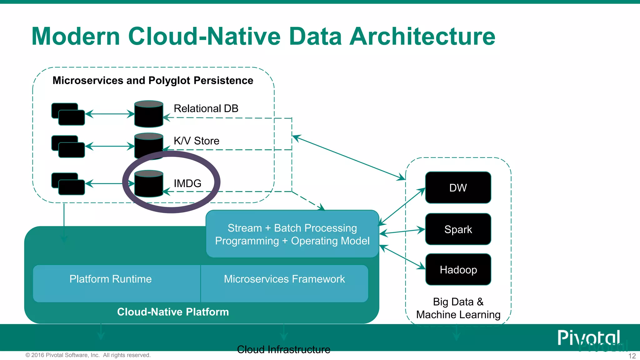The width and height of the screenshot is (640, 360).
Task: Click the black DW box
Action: (x=458, y=187)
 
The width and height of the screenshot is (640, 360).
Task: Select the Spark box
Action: (x=458, y=229)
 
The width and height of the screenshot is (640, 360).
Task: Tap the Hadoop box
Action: (x=458, y=269)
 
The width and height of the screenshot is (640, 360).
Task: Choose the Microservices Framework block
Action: (x=284, y=283)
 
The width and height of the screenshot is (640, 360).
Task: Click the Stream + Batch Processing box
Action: (x=292, y=234)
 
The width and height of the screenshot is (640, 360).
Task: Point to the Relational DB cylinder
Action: (x=148, y=114)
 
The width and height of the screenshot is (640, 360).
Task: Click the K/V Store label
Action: (x=196, y=141)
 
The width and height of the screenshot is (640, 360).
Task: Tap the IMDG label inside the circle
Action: (x=187, y=183)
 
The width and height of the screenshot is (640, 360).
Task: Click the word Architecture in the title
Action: (x=422, y=36)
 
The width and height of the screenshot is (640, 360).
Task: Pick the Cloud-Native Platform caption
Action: (x=173, y=312)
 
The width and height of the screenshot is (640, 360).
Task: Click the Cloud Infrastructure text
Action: (x=283, y=349)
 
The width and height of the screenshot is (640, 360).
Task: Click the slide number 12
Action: (x=632, y=356)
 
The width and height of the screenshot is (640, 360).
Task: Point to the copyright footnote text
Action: (x=88, y=355)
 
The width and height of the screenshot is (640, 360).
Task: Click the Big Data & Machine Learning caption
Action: (x=458, y=308)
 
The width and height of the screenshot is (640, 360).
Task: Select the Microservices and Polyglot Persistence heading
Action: (x=153, y=80)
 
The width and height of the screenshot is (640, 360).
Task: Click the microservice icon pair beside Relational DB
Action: (x=68, y=114)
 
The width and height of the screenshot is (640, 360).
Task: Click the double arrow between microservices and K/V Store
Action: (x=110, y=146)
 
